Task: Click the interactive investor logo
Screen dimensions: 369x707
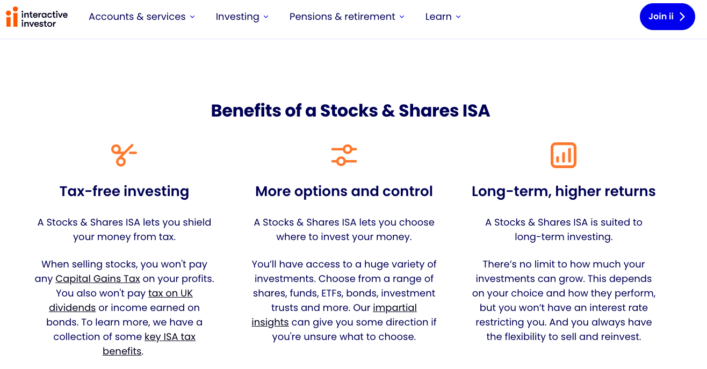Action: pos(37,17)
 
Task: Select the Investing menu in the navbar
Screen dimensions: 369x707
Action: pos(242,17)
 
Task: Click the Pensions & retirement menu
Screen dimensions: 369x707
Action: pos(347,17)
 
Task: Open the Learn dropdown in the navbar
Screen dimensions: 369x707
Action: pos(443,17)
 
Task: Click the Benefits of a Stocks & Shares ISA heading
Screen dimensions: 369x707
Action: pos(350,111)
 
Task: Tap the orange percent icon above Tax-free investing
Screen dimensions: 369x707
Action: pos(124,155)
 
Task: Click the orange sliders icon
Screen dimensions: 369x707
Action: pos(344,155)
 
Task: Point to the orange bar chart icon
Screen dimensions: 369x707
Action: pos(563,155)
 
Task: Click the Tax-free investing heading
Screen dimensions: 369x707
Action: pos(124,191)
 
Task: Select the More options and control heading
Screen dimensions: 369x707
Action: pos(344,191)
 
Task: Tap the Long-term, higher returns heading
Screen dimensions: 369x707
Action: pos(564,191)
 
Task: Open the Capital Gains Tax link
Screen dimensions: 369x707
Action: pos(98,279)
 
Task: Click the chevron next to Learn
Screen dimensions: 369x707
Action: pos(458,17)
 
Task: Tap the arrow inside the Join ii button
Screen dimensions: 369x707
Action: pos(682,17)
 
